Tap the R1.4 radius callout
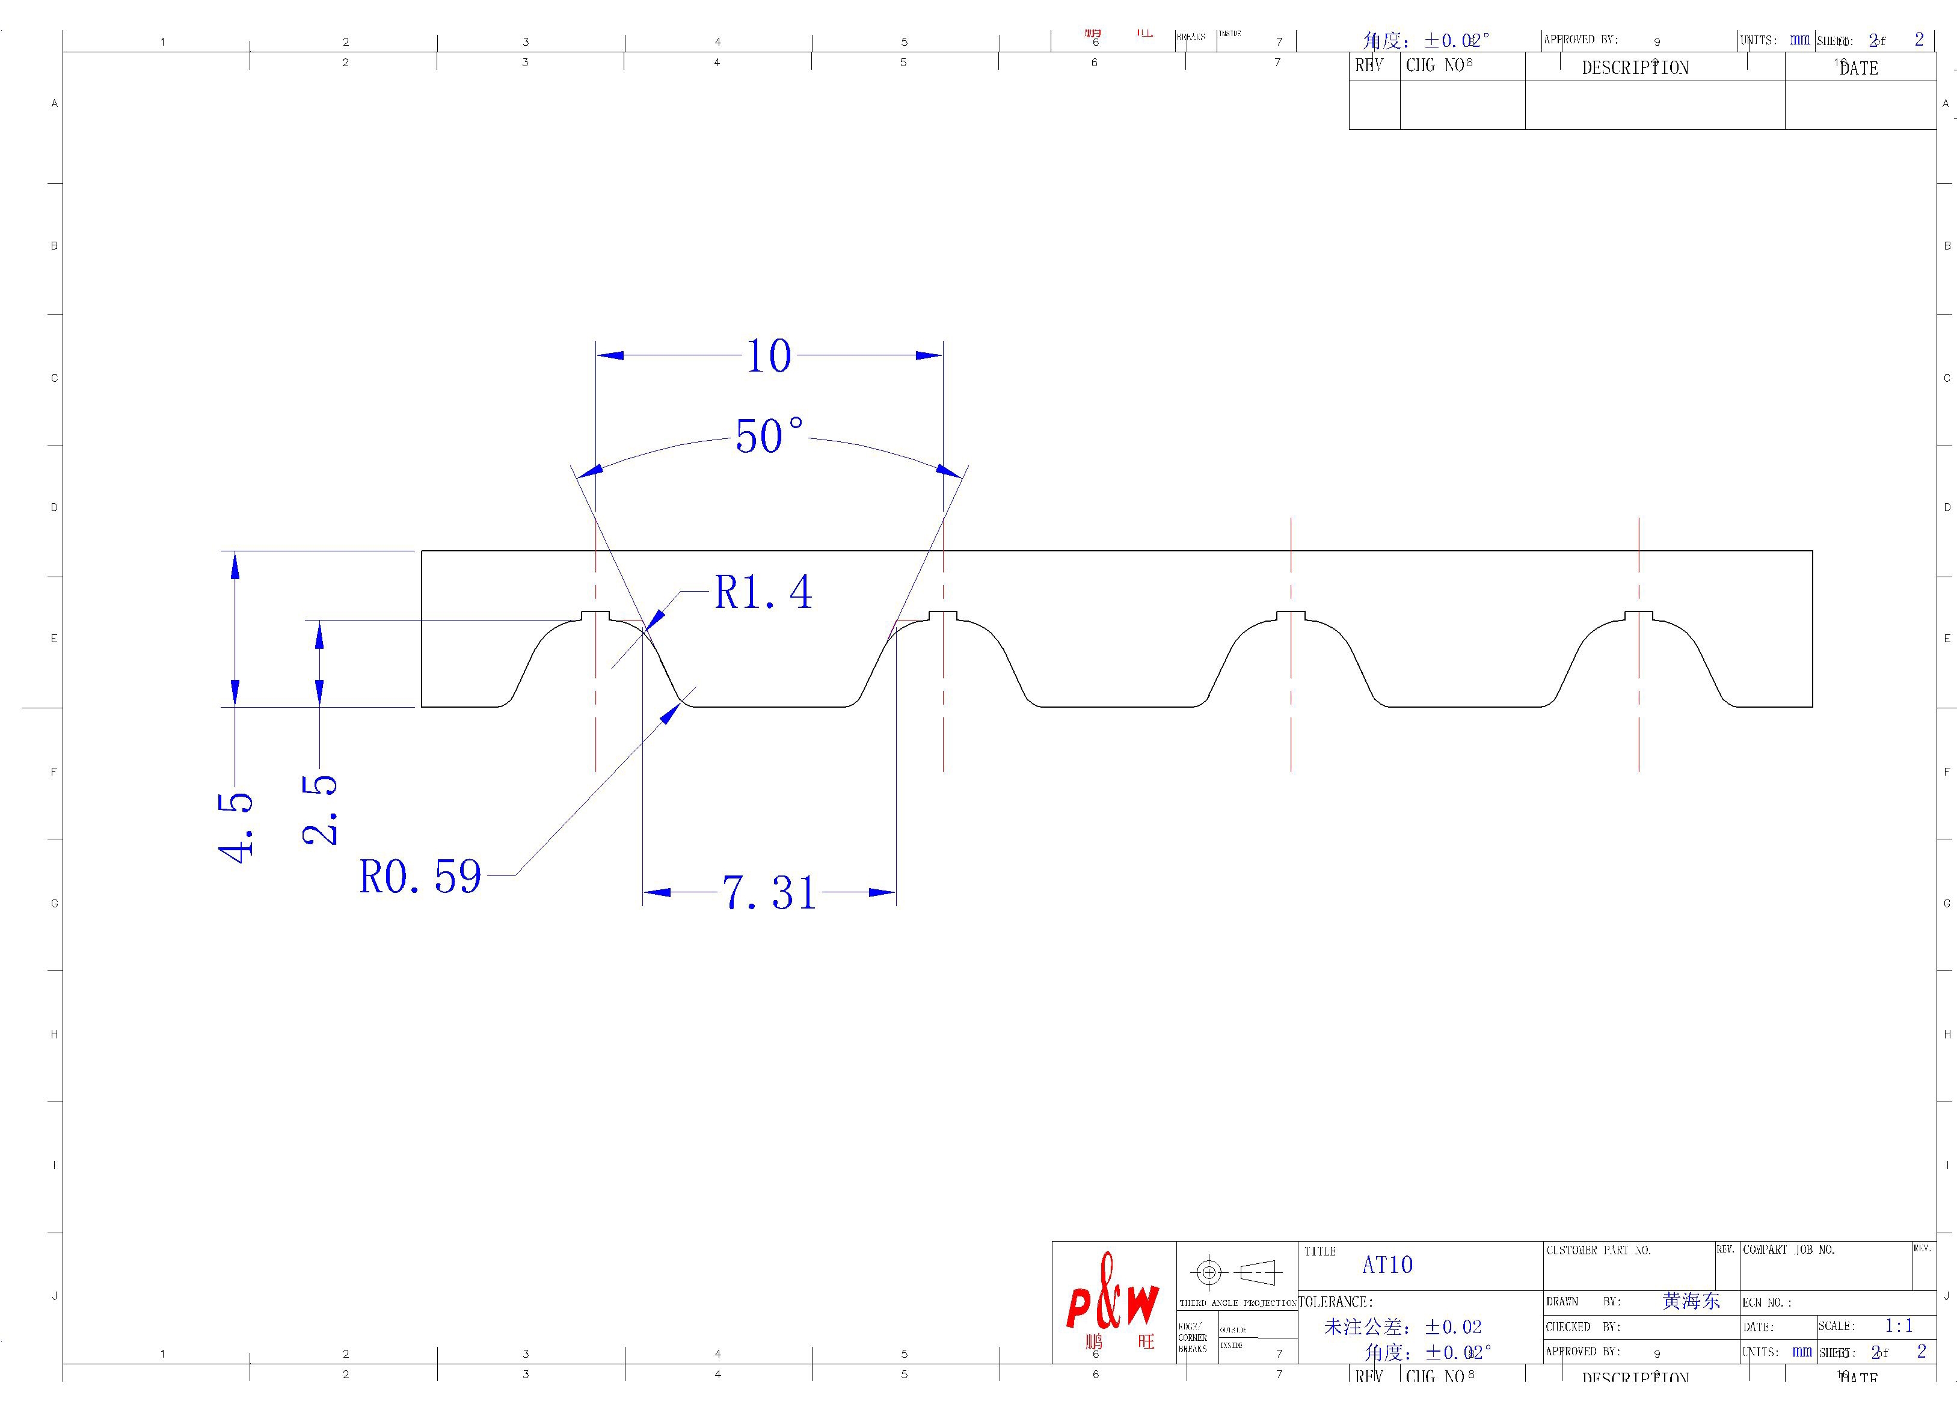pos(763,593)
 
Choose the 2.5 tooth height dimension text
pos(320,809)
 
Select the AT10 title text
pos(1387,1265)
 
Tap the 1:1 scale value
pos(1898,1325)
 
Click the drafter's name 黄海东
pos(1691,1301)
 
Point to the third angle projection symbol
pos(1236,1272)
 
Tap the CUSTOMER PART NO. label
pos(1598,1251)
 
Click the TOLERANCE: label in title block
pos(1335,1302)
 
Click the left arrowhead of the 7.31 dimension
pos(656,892)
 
